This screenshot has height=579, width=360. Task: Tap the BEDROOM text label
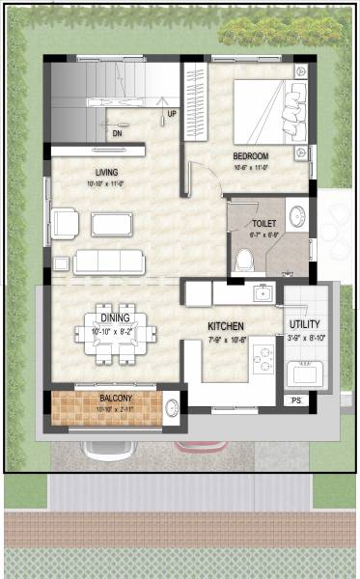click(250, 155)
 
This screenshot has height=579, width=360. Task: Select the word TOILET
click(263, 223)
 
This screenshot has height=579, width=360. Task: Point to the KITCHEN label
click(226, 327)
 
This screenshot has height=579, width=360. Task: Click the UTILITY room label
click(305, 324)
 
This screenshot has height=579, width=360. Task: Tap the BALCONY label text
click(115, 398)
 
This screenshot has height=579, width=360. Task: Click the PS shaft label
click(295, 399)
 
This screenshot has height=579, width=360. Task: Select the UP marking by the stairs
click(172, 114)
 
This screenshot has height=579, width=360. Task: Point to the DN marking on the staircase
click(117, 132)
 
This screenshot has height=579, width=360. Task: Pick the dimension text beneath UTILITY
click(305, 338)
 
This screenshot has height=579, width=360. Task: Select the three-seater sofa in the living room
click(109, 261)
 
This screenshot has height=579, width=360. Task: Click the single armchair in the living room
click(65, 223)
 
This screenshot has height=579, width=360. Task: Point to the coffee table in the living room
click(112, 224)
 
